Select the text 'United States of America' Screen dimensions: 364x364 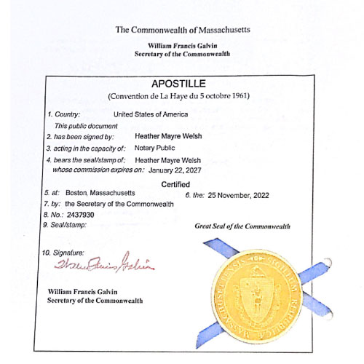pos(151,114)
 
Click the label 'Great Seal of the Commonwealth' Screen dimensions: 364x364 pos(242,226)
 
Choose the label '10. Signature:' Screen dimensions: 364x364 pos(64,251)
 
